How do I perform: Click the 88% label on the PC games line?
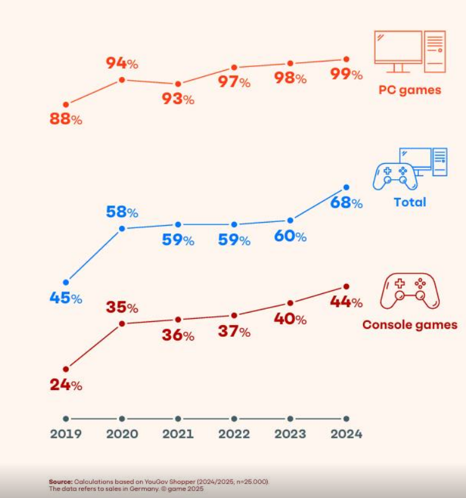pyautogui.click(x=66, y=119)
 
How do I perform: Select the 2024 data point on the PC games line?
pyautogui.click(x=346, y=59)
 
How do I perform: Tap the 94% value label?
pyautogui.click(x=122, y=63)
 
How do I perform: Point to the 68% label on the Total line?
pyautogui.click(x=346, y=203)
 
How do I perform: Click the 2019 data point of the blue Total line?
pyautogui.click(x=66, y=282)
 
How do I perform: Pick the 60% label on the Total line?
pyautogui.click(x=290, y=236)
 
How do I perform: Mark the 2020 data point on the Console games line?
pyautogui.click(x=122, y=324)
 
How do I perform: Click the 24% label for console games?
pyautogui.click(x=66, y=385)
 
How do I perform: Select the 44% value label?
pyautogui.click(x=346, y=302)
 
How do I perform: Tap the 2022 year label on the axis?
pyautogui.click(x=234, y=434)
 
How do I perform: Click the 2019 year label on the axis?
pyautogui.click(x=66, y=434)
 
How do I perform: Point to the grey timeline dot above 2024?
pyautogui.click(x=346, y=419)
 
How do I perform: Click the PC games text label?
pyautogui.click(x=410, y=90)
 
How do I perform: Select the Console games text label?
pyautogui.click(x=410, y=324)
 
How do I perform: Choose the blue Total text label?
pyautogui.click(x=410, y=202)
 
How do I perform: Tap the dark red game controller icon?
pyautogui.click(x=410, y=291)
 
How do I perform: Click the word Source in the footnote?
pyautogui.click(x=61, y=481)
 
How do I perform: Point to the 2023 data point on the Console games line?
pyautogui.click(x=290, y=303)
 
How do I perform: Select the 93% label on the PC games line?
pyautogui.click(x=178, y=99)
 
